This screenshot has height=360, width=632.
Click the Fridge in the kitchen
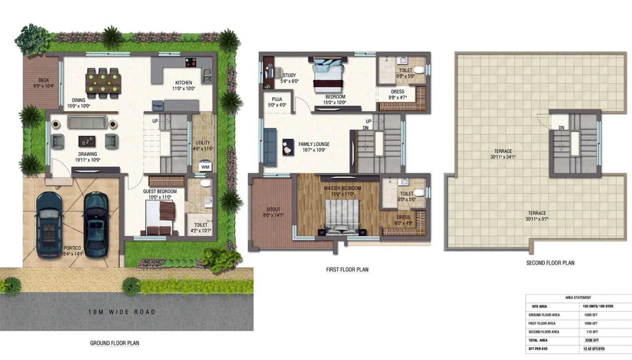pos(157,106)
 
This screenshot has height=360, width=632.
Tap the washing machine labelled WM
pos(205,166)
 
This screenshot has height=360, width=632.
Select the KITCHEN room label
pos(184,83)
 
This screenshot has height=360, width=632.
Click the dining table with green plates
pos(103,83)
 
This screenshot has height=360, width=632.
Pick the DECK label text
pos(43,80)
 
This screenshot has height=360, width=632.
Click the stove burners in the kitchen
pos(191,62)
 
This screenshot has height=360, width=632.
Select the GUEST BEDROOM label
pos(160,191)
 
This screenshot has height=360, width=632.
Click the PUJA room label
pos(277,99)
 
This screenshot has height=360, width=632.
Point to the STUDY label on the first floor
pos(289,75)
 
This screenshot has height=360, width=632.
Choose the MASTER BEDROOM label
pos(342,188)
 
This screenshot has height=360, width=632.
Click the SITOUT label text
pos(273,209)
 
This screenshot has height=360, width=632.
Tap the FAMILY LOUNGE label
pos(314,144)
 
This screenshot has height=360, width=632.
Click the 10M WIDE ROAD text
pos(122,312)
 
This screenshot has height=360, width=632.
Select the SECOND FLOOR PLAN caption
pos(550,263)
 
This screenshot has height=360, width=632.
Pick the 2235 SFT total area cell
pos(591,340)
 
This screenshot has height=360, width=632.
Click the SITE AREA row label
pos(539,306)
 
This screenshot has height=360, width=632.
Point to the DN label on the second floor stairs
pos(561,128)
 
